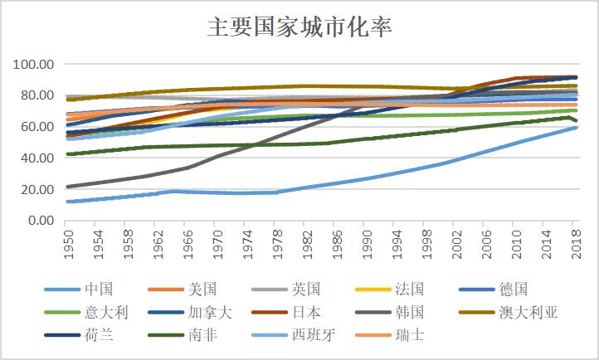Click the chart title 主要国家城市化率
tap(299, 27)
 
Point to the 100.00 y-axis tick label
tap(35, 64)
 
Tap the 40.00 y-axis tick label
tap(38, 158)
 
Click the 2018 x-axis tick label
tap(574, 243)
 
